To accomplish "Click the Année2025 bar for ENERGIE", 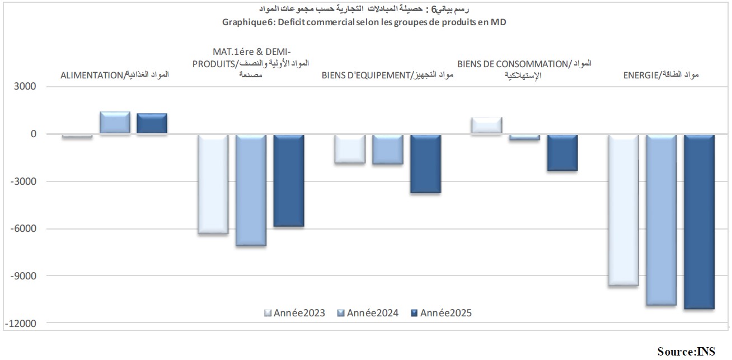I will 699,222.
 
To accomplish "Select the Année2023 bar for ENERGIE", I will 623,210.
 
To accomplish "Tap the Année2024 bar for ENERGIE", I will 661,219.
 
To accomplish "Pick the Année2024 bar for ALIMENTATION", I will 115,123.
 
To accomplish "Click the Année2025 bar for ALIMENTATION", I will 152,124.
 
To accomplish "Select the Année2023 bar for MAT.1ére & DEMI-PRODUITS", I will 213,184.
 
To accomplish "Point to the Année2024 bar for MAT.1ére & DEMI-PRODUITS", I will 251,190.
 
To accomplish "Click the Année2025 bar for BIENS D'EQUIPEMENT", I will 425,163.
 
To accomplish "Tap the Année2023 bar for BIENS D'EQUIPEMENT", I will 350,148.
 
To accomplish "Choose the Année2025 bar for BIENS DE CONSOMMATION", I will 562,152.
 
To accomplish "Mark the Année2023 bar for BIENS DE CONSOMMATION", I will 487,125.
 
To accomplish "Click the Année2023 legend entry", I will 295,313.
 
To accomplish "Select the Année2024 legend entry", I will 368,313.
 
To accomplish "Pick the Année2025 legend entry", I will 441,313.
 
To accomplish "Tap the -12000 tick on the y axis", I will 21,323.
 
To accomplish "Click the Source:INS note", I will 686,351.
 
